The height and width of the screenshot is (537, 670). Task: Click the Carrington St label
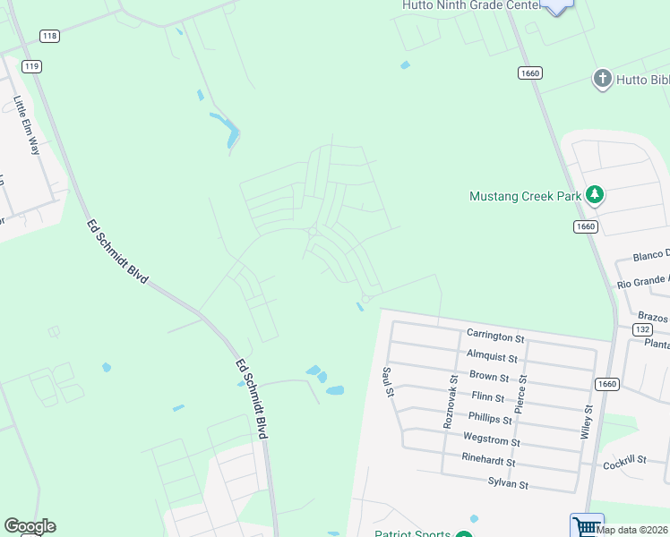pos(495,337)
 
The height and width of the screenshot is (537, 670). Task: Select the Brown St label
pos(489,377)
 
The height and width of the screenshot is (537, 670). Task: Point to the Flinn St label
pos(487,397)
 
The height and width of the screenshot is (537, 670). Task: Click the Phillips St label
pos(489,419)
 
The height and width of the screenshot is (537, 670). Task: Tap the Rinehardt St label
pos(487,462)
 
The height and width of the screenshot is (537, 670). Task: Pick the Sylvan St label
pos(508,484)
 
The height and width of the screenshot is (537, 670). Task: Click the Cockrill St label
pos(625,465)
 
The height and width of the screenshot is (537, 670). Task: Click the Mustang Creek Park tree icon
pos(594,195)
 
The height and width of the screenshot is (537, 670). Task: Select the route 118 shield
pos(50,36)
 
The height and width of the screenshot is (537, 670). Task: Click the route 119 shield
pos(32,66)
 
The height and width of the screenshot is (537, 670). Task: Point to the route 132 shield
pos(641,329)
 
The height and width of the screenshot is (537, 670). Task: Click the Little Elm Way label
pos(26,125)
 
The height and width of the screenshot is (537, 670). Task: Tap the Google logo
pos(30,526)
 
